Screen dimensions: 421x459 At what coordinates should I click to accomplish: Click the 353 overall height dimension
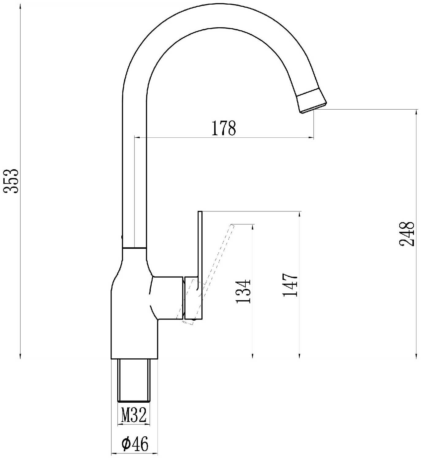pos(11,181)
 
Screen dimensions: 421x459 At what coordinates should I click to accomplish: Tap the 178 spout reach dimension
pos(223,128)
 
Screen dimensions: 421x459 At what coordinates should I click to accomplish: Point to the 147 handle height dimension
pos(290,285)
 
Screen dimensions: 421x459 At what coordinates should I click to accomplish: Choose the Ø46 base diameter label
pos(135,444)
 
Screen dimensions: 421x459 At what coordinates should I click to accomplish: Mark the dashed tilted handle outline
pos(205,274)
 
